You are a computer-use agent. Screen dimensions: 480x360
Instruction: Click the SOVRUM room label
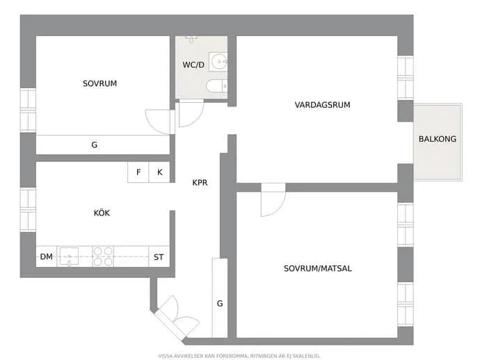99,83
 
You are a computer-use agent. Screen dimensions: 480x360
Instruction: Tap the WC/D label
193,65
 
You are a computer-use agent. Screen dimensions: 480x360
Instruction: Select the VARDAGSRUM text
322,105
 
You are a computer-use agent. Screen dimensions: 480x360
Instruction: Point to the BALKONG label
438,139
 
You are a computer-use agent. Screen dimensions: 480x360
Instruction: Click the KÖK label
102,213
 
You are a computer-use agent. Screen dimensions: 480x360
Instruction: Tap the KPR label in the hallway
200,183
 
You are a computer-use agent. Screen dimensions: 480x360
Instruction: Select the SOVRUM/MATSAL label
318,268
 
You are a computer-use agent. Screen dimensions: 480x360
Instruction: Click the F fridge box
138,172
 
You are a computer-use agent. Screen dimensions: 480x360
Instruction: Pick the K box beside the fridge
159,172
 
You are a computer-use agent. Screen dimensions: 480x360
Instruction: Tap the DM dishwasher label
46,256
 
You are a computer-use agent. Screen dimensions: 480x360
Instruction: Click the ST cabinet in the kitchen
159,256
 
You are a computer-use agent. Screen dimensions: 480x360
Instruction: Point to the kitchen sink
69,256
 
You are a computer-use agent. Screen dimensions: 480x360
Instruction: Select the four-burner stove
103,256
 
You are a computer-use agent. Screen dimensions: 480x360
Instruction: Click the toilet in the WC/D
216,86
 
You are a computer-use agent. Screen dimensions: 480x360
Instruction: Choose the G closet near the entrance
220,298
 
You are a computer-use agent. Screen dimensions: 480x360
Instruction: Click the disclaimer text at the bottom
239,356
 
